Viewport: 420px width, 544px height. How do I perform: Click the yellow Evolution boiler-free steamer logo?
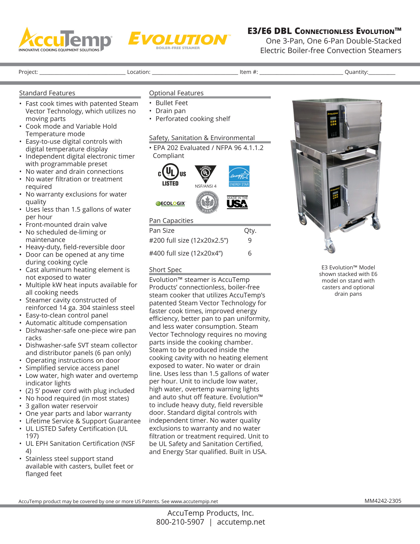[179, 40]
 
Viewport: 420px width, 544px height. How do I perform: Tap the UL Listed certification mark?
[172, 175]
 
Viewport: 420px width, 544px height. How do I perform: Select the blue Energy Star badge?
[239, 176]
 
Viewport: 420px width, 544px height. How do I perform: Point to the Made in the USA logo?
[237, 203]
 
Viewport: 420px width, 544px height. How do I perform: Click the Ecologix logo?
[171, 203]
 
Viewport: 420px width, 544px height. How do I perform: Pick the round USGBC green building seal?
[207, 202]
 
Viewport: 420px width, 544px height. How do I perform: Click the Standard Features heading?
[47, 93]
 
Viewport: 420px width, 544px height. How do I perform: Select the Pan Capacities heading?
[171, 221]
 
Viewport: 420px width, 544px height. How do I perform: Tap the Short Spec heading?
[165, 270]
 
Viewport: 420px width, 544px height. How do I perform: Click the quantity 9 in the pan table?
[250, 241]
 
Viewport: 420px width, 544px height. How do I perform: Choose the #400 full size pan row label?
[186, 253]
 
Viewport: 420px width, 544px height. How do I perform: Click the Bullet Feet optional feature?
[172, 103]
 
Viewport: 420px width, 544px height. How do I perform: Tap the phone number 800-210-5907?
[180, 522]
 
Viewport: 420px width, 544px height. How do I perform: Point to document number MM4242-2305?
[383, 501]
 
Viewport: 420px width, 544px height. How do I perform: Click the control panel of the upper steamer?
[333, 125]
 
